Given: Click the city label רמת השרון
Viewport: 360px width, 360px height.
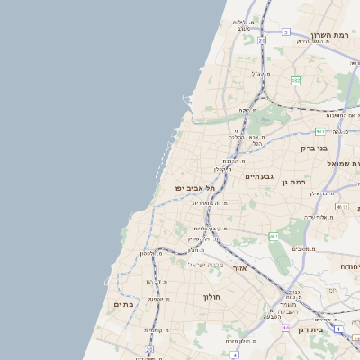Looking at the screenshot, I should tap(328, 34).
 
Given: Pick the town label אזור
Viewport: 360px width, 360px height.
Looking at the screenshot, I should tap(239, 268).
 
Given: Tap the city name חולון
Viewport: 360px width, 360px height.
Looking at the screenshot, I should tap(212, 296).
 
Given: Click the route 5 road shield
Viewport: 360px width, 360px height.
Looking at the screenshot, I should tap(285, 31).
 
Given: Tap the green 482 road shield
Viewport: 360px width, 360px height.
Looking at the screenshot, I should tap(295, 81).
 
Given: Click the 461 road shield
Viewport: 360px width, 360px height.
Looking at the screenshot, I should tap(274, 236).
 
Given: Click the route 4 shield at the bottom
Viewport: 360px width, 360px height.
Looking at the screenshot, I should tap(234, 355).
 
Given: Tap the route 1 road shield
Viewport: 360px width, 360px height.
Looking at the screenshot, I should tap(338, 328).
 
